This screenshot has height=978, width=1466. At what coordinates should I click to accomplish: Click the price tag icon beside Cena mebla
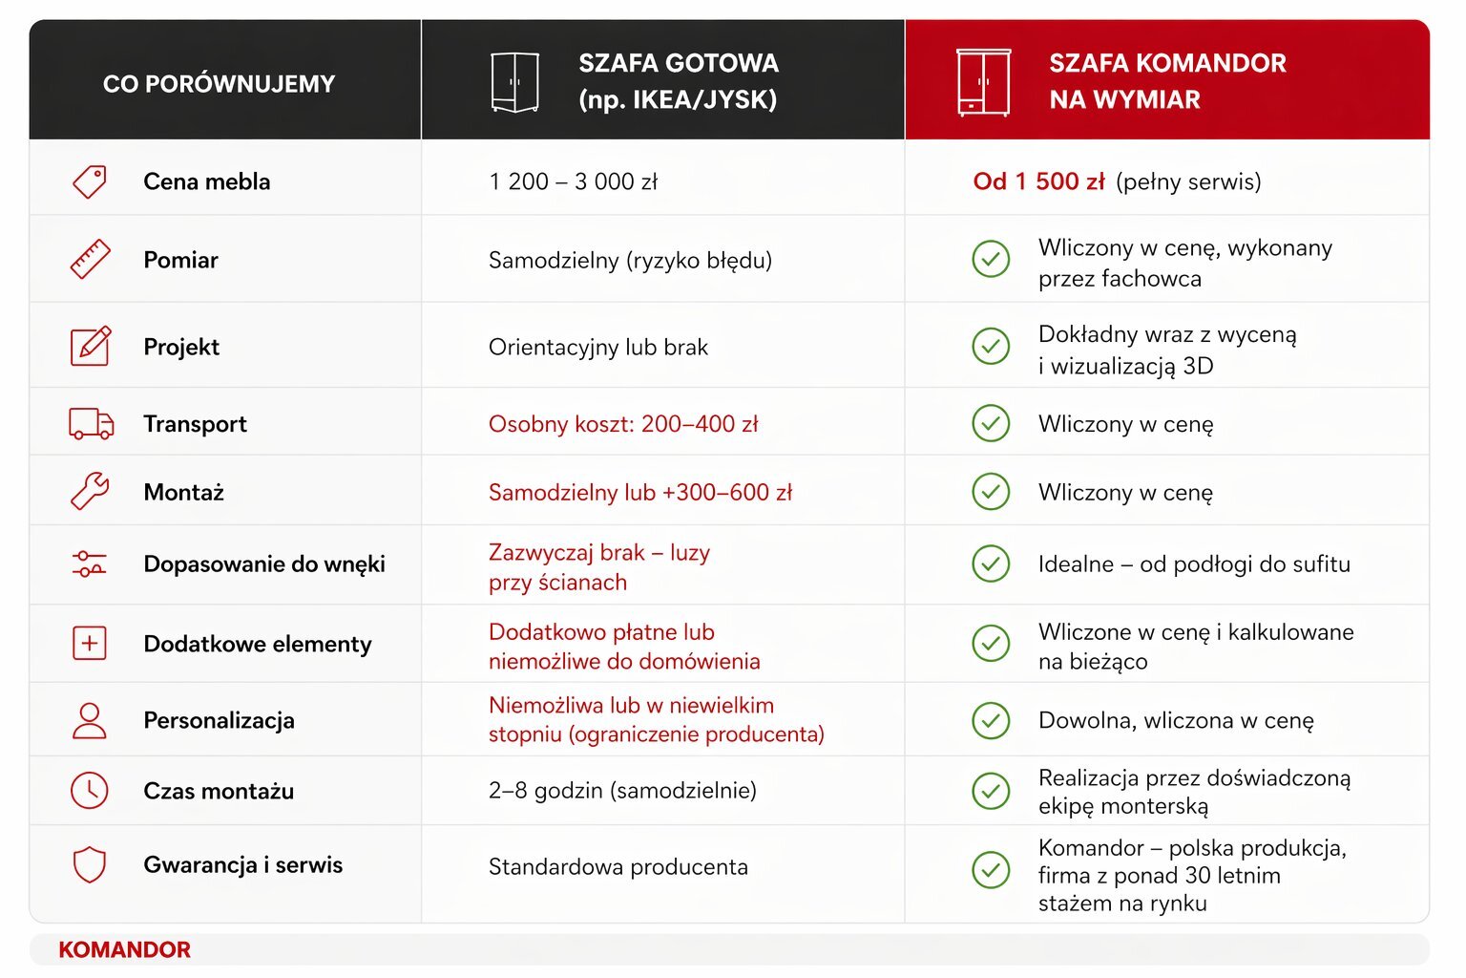coord(90,181)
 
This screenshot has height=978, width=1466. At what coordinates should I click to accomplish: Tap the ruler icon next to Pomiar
coord(90,260)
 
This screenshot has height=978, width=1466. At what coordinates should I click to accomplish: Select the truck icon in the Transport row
coord(91,423)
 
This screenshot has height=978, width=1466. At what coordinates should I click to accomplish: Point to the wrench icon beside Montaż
coord(90,492)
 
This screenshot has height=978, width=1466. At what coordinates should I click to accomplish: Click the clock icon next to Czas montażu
coord(90,790)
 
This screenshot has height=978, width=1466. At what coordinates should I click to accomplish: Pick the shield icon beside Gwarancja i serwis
coord(90,864)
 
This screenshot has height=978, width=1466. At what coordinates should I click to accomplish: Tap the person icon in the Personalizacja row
coord(90,720)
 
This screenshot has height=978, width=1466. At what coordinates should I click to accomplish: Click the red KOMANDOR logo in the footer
coord(124,949)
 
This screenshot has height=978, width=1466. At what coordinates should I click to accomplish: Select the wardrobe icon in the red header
coord(983,82)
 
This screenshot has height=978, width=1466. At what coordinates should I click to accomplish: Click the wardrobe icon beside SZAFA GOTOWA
coord(514,82)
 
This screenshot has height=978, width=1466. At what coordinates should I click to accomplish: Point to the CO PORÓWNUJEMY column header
coord(219,84)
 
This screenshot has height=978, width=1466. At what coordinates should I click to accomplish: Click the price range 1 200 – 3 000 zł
coord(573,181)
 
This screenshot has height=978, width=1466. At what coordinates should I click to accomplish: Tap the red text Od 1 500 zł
coord(1038,181)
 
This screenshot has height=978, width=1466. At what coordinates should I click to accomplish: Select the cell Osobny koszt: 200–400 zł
coord(623,424)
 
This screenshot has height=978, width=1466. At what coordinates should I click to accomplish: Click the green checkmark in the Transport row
coord(991,423)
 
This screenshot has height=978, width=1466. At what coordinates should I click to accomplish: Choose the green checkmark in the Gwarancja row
coord(991,869)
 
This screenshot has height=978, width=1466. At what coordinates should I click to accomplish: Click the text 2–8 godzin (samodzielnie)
coord(622,791)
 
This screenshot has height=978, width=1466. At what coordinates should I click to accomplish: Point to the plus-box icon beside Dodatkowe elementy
coord(90,643)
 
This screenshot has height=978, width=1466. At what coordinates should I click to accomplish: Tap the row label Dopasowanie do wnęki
coord(264,564)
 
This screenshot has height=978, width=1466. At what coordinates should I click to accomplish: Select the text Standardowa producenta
coord(618,867)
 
